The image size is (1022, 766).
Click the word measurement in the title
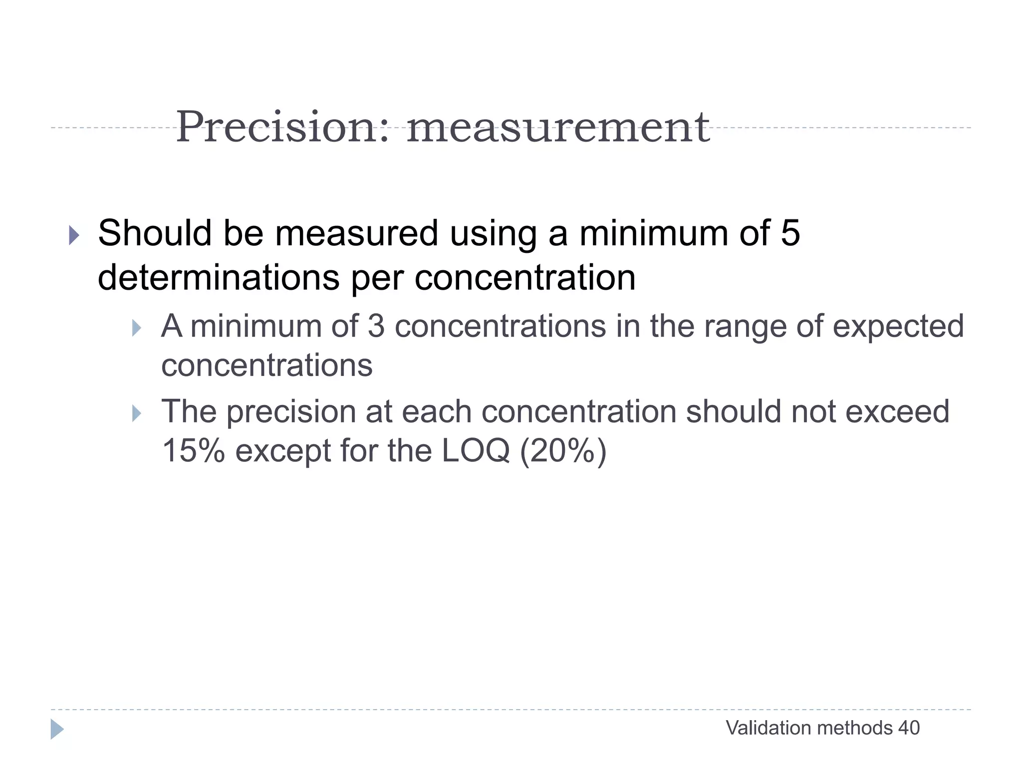pos(558,128)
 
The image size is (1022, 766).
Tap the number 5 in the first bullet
pos(790,233)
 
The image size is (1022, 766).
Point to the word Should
pos(155,233)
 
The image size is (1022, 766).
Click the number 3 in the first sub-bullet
pos(376,326)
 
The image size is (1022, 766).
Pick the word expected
pos(898,327)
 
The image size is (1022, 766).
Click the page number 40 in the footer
pos(909,728)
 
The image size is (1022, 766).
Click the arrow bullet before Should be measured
pos(74,235)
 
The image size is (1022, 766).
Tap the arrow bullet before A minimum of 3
pos(136,328)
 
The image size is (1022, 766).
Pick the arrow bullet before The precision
pos(136,413)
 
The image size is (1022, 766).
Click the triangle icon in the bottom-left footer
pos(57,729)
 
